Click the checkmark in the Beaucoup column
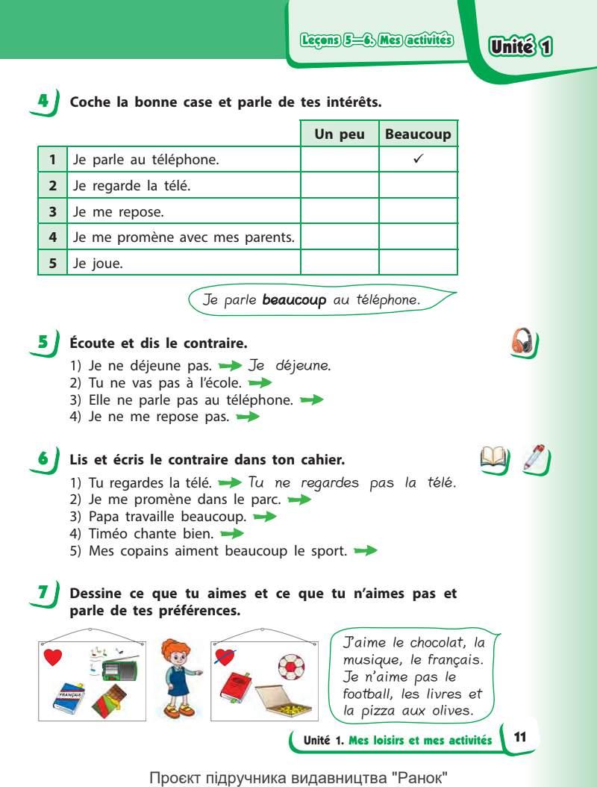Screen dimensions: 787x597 [x=418, y=158]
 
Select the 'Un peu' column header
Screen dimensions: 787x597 [x=340, y=134]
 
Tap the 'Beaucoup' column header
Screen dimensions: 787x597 [x=418, y=134]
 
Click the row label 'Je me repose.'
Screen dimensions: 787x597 [x=119, y=211]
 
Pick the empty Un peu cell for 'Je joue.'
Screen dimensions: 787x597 [x=340, y=263]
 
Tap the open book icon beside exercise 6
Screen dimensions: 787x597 [x=496, y=458]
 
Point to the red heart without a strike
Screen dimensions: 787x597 [x=53, y=657]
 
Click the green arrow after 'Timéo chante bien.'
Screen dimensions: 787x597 [x=232, y=534]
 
